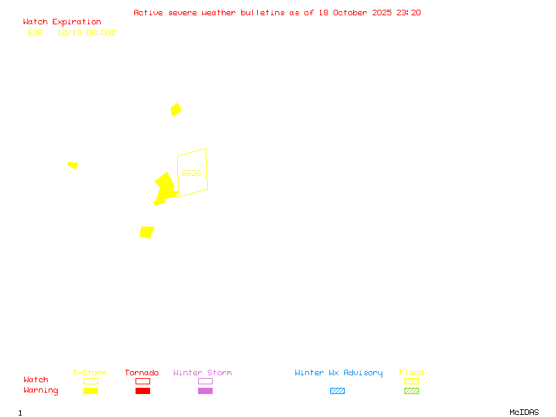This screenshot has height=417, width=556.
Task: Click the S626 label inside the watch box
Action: point(191,173)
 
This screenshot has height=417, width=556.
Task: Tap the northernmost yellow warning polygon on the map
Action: point(176,109)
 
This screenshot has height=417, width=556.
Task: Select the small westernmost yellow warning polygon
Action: point(72,165)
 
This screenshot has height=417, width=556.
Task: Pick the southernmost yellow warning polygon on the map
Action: point(147,232)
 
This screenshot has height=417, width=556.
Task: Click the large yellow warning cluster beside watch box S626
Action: point(165,188)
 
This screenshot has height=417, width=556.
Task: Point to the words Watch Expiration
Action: point(62,22)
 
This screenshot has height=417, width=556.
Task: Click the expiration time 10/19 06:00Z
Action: point(86,33)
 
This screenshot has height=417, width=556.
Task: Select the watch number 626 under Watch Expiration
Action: point(35,33)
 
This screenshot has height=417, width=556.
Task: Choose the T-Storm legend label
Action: point(90,373)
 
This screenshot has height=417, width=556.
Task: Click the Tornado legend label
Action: point(142,373)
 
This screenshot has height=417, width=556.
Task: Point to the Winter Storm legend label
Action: point(202,373)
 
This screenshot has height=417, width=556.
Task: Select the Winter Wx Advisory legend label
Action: point(338,373)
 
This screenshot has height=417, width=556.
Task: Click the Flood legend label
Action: point(411,373)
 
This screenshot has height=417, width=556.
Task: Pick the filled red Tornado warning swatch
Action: point(142,391)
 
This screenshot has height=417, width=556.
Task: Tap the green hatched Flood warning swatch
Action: point(411,391)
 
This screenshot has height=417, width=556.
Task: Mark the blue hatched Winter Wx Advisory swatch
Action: point(337,391)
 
